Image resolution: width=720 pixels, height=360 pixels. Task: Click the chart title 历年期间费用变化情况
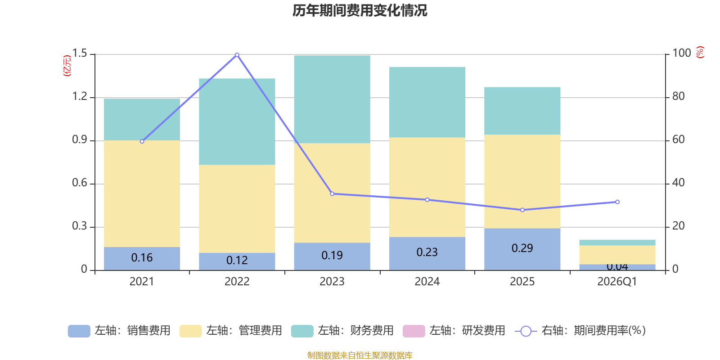point(360,10)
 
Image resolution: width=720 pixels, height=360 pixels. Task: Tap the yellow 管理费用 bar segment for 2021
point(142,193)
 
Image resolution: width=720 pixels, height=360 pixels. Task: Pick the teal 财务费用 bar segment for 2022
point(237,121)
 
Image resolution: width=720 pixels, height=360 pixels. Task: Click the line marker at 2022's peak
point(237,55)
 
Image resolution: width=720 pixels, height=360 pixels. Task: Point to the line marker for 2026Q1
point(617,202)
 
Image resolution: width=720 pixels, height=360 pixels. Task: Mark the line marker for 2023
point(332,194)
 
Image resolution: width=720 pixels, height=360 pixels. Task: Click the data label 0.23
point(427,252)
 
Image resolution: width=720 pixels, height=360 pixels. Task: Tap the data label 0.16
point(142,258)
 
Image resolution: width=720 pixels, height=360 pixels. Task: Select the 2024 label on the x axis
point(427,282)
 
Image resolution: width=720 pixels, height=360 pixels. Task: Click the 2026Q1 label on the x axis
point(617,282)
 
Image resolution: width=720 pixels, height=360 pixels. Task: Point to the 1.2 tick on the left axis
point(80,96)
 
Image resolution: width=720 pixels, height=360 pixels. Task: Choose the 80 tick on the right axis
point(679,96)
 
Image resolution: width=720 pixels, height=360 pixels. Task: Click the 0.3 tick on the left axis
point(80,226)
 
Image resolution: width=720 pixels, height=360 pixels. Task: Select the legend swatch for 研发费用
point(414,331)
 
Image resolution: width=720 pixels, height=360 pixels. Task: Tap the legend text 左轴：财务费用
point(355,331)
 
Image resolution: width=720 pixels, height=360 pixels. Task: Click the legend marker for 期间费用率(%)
point(526,331)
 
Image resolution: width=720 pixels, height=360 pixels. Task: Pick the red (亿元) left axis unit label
point(67,66)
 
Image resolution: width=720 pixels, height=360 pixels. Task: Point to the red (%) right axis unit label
point(700,53)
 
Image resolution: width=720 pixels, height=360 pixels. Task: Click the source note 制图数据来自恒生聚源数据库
point(360,355)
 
